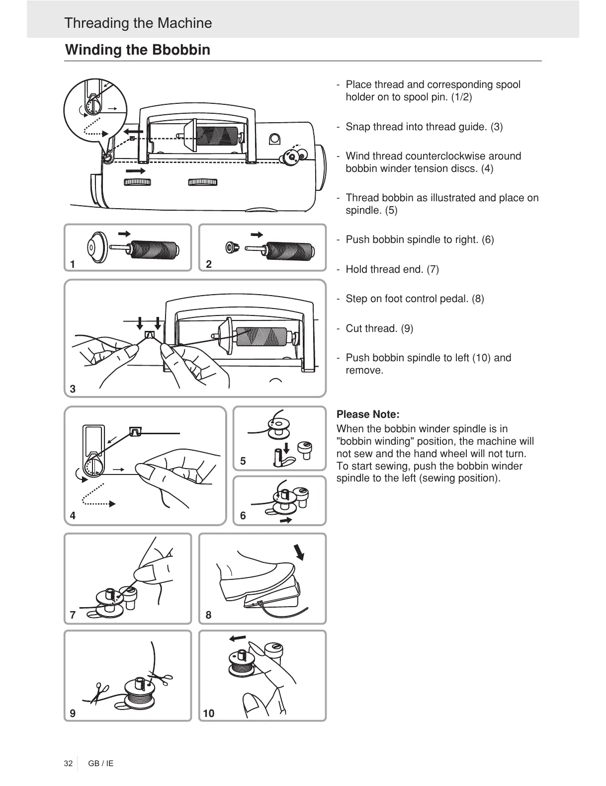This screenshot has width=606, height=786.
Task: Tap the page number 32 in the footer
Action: tap(68, 763)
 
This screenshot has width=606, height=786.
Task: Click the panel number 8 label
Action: tap(208, 615)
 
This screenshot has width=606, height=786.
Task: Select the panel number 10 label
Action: tap(209, 713)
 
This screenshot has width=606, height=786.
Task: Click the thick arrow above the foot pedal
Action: tap(299, 551)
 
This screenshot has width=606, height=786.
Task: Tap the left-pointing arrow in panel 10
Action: tap(237, 637)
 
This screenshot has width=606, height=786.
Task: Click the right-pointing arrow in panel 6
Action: tap(286, 520)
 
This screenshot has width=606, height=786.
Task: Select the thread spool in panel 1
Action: tap(154, 248)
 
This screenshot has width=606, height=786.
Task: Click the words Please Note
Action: tap(368, 414)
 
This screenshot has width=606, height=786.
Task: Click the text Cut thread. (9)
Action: tap(379, 328)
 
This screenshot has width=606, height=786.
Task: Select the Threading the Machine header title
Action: tap(138, 23)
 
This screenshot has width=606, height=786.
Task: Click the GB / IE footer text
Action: tap(101, 763)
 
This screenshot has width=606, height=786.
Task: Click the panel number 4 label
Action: tap(73, 516)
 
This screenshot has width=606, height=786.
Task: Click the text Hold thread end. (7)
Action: tap(392, 269)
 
